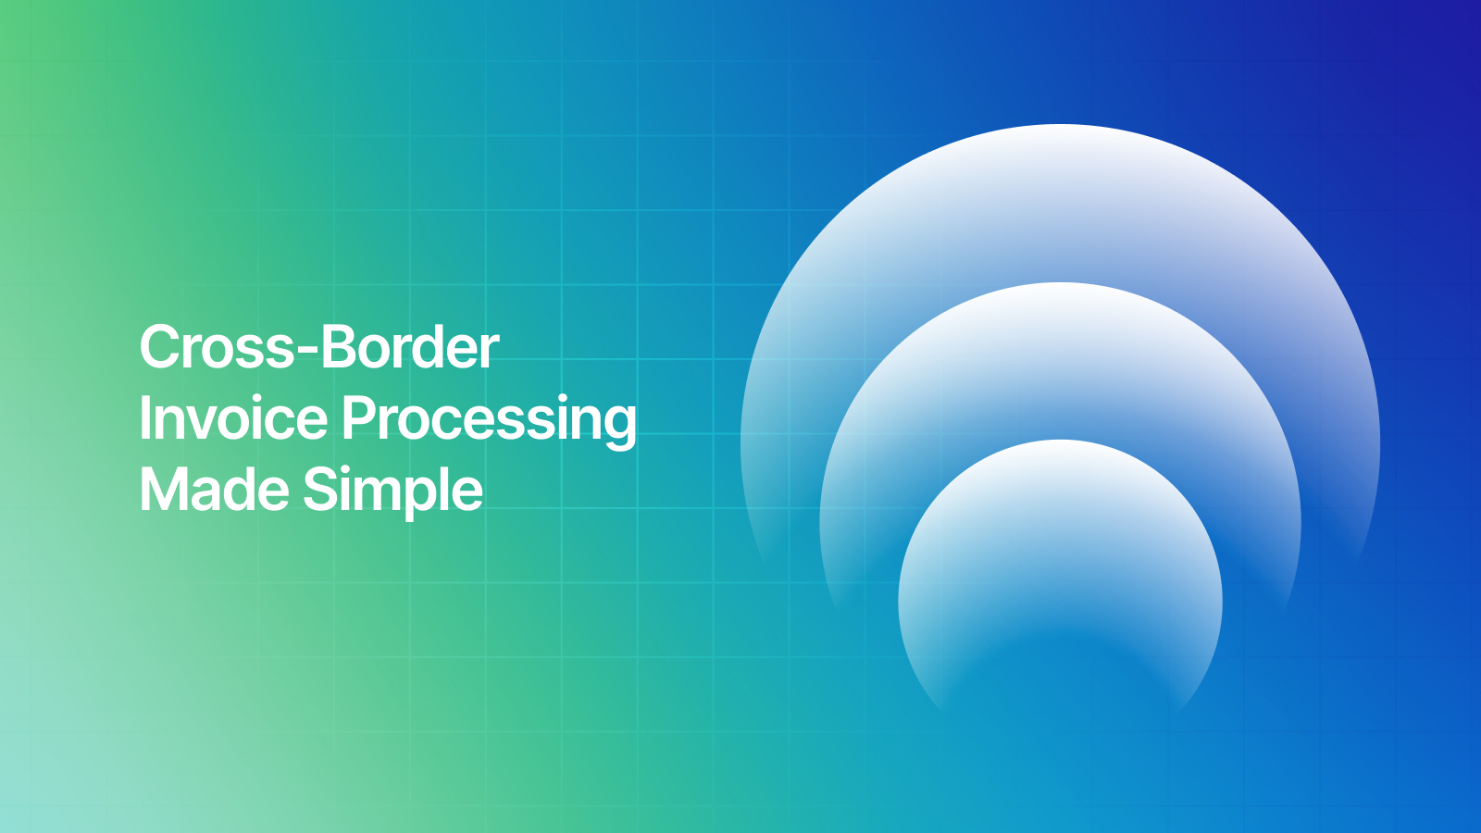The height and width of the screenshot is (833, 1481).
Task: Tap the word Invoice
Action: coord(233,418)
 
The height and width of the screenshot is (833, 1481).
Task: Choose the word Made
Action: coord(214,490)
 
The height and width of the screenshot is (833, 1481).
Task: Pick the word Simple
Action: coord(392,491)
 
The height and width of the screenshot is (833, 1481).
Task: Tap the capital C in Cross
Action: coord(159,348)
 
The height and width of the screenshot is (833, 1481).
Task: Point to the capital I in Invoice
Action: coord(144,418)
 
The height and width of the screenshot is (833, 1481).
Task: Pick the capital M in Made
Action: coord(162,490)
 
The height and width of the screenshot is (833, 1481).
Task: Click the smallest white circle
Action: coord(1060,555)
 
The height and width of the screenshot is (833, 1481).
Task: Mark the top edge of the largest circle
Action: coord(1060,126)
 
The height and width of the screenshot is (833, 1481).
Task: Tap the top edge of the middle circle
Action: coord(1060,284)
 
